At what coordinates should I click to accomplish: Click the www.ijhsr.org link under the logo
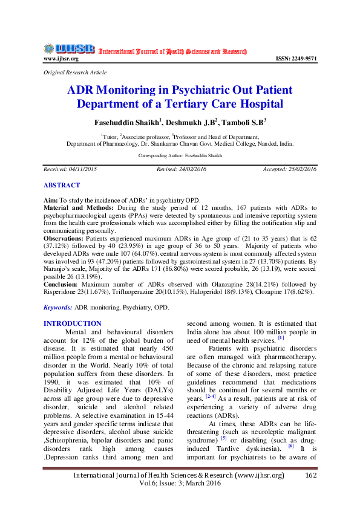pyautogui.click(x=61, y=59)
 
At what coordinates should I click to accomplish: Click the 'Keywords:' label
pyautogui.click(x=58, y=308)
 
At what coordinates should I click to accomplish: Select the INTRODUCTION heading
pyautogui.click(x=73, y=324)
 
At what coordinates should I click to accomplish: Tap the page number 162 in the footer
pyautogui.click(x=310, y=476)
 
